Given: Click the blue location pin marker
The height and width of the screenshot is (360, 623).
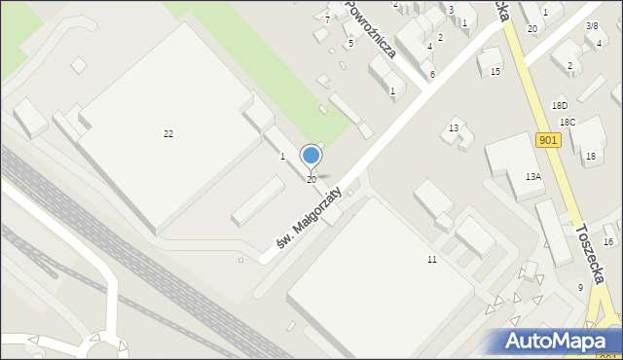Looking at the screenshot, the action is tap(311, 156).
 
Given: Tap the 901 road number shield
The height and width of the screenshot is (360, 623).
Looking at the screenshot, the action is tap(548, 140).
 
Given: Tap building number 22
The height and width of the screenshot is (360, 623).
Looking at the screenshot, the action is tap(168, 133).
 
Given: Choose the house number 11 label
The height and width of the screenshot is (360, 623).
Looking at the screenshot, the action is tap(431, 260).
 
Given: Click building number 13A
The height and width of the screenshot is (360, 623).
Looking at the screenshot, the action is tap(533, 177).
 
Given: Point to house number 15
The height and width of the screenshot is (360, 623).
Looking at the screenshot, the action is tap(495, 72).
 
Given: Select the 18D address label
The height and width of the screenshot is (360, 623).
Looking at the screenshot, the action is tap(559, 105).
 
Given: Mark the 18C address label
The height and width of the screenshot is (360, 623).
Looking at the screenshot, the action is tap(568, 122).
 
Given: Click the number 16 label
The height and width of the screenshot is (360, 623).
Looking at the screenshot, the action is tap(608, 241).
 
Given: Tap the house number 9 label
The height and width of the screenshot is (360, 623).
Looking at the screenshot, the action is tap(580, 287).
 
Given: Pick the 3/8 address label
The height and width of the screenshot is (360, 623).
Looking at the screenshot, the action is tap(592, 25).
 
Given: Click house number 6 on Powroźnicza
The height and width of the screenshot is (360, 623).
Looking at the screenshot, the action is tap(432, 74).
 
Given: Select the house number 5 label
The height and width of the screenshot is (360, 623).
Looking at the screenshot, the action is tap(350, 43).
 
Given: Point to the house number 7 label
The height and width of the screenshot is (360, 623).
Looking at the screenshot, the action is tap(327, 19).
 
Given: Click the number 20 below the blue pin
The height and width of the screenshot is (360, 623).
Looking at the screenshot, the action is tap(311, 180).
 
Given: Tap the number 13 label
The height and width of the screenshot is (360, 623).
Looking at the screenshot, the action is tap(454, 128).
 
